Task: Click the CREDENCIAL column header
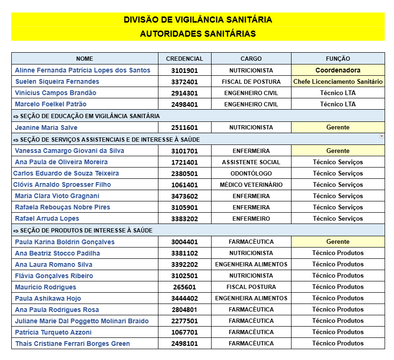(x=184, y=59)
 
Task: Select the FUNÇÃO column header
(x=338, y=59)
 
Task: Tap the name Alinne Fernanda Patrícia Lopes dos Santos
(x=83, y=70)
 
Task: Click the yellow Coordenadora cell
(x=338, y=70)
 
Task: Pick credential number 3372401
(x=184, y=81)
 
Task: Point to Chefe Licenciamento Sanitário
(x=338, y=81)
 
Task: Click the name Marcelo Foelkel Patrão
(x=51, y=104)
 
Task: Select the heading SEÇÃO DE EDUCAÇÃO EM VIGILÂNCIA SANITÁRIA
(x=87, y=116)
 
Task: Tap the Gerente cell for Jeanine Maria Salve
(x=338, y=128)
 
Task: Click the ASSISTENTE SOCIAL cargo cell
(x=251, y=162)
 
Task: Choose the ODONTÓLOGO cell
(x=251, y=174)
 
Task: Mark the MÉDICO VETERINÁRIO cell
(x=251, y=185)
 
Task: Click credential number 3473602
(x=184, y=196)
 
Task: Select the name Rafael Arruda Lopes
(x=47, y=218)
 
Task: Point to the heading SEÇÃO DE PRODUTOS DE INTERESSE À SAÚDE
(x=83, y=230)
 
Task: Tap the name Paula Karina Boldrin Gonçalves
(x=65, y=242)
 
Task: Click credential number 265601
(x=184, y=287)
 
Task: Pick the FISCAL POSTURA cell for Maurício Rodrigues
(x=251, y=287)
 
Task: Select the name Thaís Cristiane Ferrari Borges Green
(x=72, y=344)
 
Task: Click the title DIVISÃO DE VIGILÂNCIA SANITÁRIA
(x=197, y=20)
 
